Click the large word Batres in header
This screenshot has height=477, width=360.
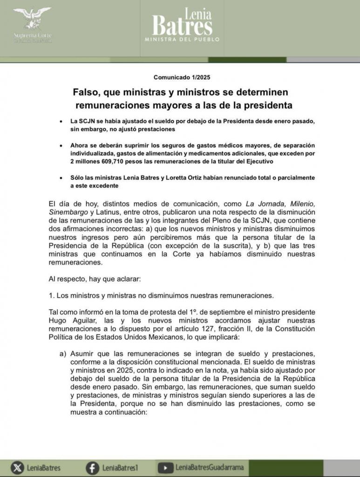[182, 25]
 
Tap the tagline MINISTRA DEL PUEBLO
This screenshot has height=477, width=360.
[182, 40]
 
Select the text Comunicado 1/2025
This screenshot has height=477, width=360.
[179, 77]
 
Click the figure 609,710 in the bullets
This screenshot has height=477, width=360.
[118, 161]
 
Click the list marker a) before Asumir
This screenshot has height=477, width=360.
[62, 354]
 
